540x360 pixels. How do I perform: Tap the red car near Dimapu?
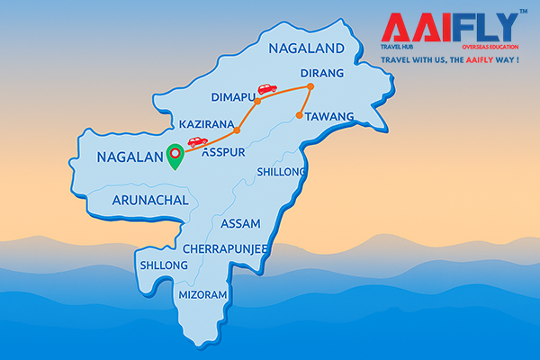coord(266,88)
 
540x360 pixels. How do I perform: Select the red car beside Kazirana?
coord(197,141)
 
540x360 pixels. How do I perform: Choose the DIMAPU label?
coord(234,97)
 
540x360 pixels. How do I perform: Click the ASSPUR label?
coord(222,153)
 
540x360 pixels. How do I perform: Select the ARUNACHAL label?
coord(150,202)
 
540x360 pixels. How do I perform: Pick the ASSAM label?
coord(239,223)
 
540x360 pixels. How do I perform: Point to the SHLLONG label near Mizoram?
coord(163,265)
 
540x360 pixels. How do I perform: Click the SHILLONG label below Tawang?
coord(282,172)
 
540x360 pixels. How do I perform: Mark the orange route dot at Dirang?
coord(310,87)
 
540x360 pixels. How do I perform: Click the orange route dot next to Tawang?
coord(298,114)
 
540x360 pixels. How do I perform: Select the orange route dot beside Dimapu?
coord(257,102)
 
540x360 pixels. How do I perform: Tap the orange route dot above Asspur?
coord(236,130)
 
